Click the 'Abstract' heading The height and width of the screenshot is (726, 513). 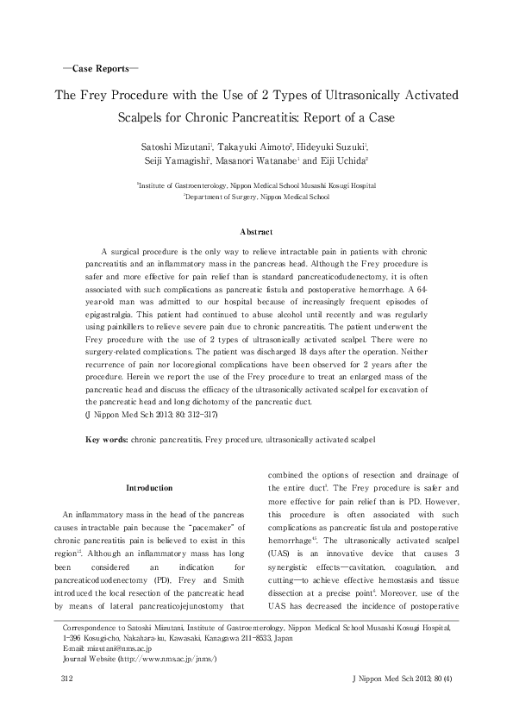[256, 232]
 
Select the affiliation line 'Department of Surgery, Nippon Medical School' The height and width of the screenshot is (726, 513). [256, 197]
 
